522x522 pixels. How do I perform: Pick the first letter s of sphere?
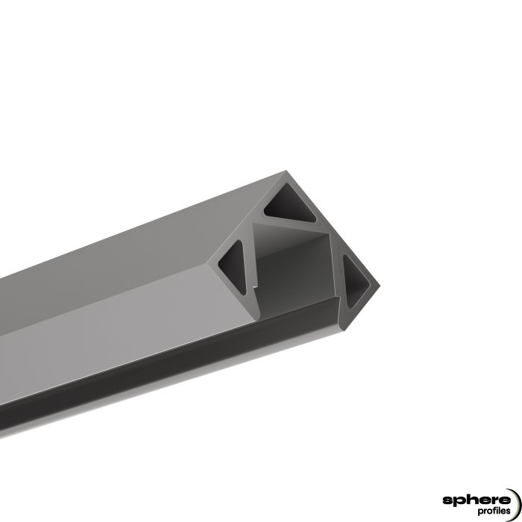click(447, 499)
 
